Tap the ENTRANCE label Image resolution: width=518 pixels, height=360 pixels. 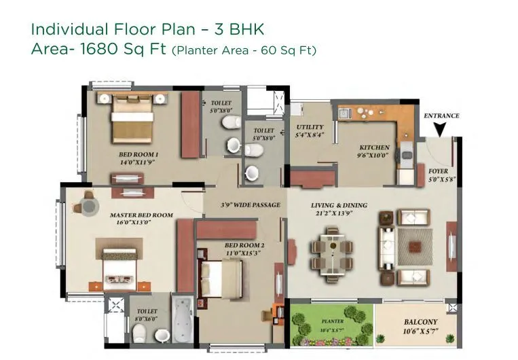click(x=441, y=115)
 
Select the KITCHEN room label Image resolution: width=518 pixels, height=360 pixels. click(x=374, y=147)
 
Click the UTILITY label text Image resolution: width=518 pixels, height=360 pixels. click(x=310, y=127)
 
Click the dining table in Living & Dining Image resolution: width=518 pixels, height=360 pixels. click(x=332, y=249)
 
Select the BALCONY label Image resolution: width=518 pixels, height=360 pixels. click(x=420, y=322)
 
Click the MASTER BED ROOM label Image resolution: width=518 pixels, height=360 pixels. click(x=141, y=215)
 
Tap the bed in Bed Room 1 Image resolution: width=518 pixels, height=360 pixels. click(x=130, y=117)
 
